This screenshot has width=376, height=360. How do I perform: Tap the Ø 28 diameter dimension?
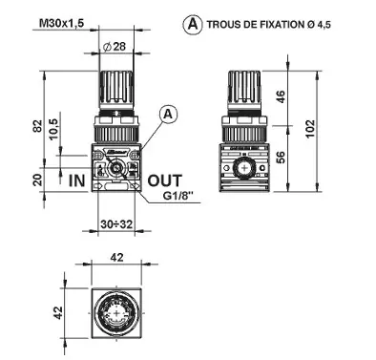(x=117, y=46)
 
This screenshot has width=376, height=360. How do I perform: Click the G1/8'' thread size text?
(x=181, y=199)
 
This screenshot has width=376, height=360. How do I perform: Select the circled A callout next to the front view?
(x=169, y=114)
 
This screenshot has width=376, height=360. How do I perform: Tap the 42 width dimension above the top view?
(x=115, y=256)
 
